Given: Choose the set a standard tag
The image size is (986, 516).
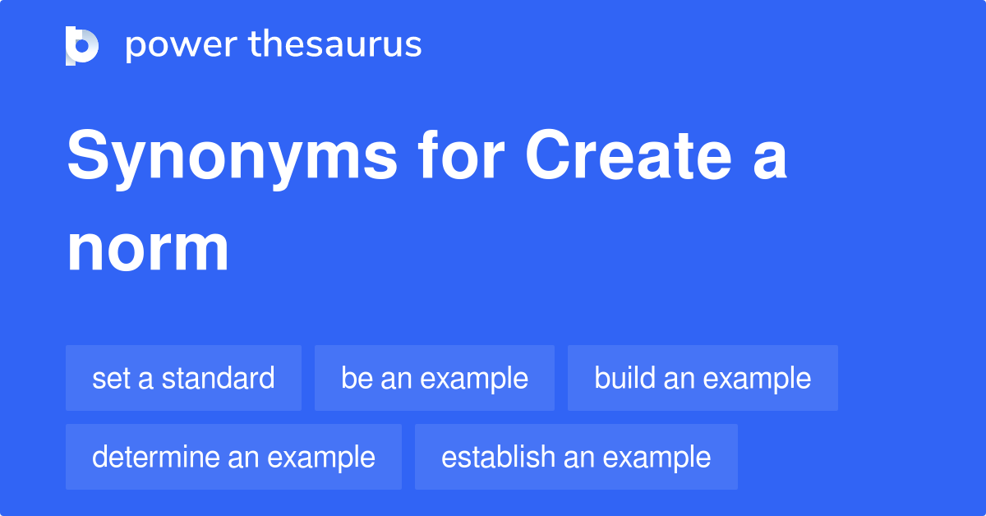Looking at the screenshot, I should pos(183,378).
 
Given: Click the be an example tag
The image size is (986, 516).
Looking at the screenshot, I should pos(435,378).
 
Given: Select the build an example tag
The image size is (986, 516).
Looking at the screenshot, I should pos(703,378).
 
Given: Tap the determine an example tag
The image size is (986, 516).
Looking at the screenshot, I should pos(233,457).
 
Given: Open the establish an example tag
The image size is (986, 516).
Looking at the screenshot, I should pos(576,457).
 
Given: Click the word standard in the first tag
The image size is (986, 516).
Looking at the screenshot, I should pos(218,378).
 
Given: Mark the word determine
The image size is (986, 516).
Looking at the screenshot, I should pos(156,457).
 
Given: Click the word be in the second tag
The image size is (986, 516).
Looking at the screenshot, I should pos(354,378).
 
